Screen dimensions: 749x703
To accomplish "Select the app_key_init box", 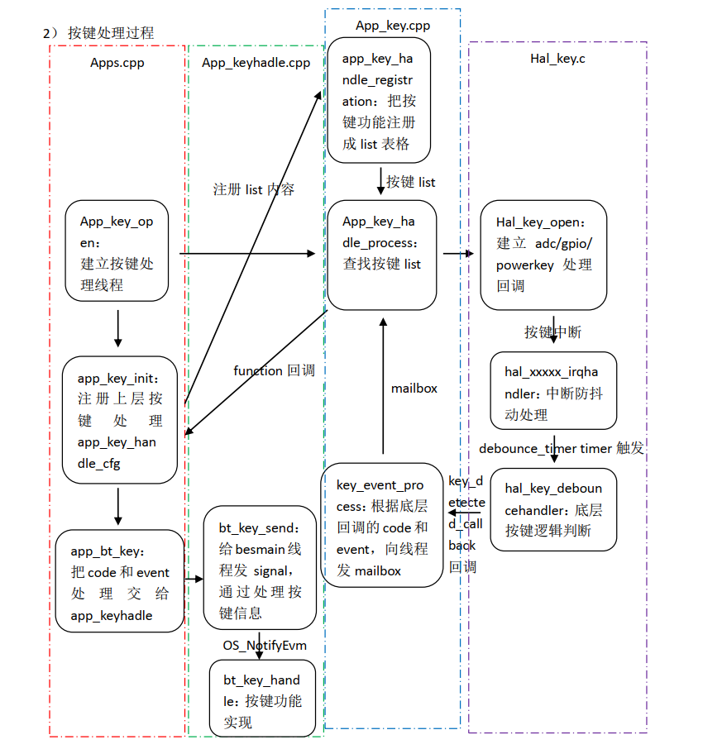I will pos(120,420).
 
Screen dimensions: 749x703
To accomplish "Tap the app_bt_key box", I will pos(120,581).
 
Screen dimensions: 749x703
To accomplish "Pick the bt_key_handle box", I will pos(262,699).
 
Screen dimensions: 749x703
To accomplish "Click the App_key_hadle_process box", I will pos(381,253).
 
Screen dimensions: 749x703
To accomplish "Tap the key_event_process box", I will pos(381,526).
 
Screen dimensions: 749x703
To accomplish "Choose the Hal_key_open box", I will pos(543,254).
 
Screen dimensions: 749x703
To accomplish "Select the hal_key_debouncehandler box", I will pos(552,510).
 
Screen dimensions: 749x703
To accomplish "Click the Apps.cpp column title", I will pos(117,61).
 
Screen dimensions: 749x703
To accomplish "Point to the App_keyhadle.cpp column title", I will pos(256,63).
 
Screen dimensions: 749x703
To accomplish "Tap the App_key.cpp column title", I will pos(393,26).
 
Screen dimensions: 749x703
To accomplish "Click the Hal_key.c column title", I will pos(557,59).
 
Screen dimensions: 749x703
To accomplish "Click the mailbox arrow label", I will pos(414,388).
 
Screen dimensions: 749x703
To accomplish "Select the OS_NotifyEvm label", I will pos(261,644).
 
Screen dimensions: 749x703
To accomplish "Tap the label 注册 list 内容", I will pos(253,189).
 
